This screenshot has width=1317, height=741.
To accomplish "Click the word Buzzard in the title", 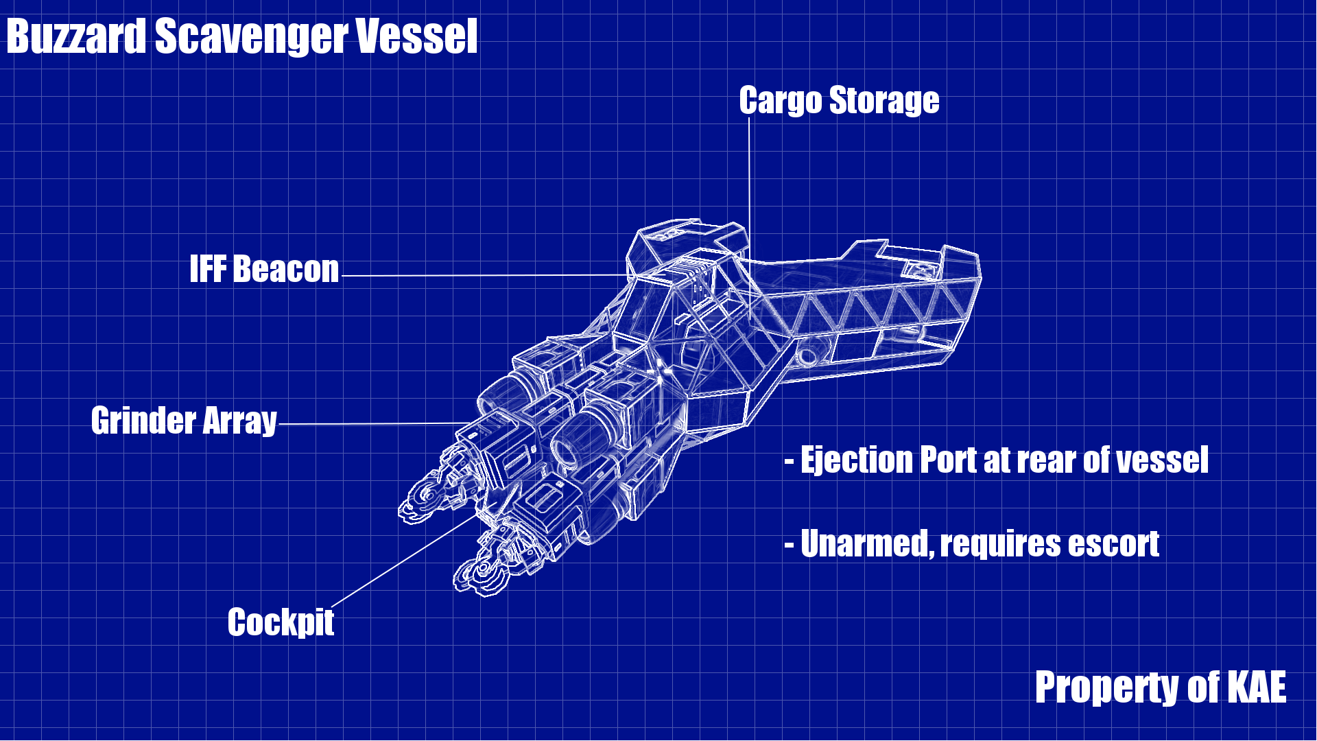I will tap(76, 36).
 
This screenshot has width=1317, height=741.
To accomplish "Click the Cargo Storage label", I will tap(839, 101).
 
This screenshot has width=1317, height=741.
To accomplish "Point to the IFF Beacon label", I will tap(264, 269).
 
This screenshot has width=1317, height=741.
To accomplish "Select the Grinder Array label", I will tap(184, 421).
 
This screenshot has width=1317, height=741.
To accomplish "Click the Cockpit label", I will tap(281, 622).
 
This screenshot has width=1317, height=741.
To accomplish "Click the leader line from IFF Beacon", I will tap(480, 276).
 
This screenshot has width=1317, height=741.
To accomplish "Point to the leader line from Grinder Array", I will tap(370, 424).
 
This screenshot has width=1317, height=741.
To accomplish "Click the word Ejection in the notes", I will tap(857, 460).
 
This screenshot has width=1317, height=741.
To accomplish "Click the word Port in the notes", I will tap(948, 460).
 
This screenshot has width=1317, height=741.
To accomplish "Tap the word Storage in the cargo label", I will tap(884, 101).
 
